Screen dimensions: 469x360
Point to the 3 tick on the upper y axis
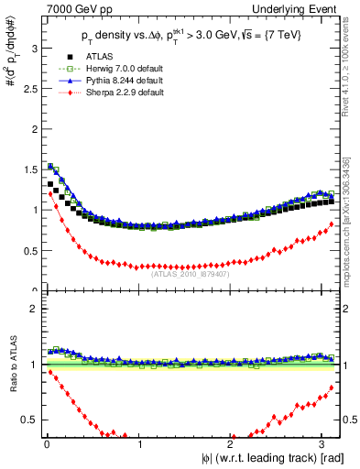[x=33, y=46]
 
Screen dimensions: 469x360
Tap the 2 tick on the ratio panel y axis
[x=33, y=308]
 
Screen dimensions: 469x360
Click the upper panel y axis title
[x=10, y=92]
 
